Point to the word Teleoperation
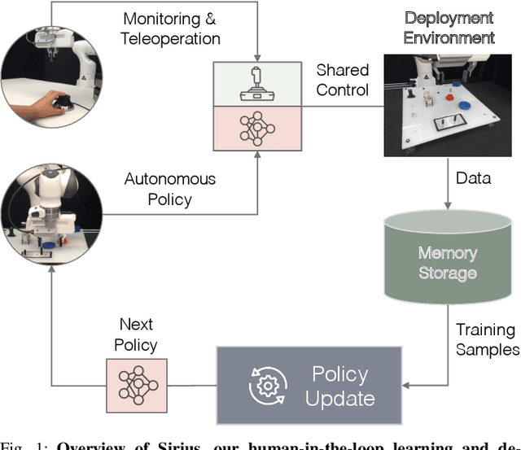171,38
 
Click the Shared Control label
343,80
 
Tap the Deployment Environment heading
448,28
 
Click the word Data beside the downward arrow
473,178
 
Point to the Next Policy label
136,334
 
